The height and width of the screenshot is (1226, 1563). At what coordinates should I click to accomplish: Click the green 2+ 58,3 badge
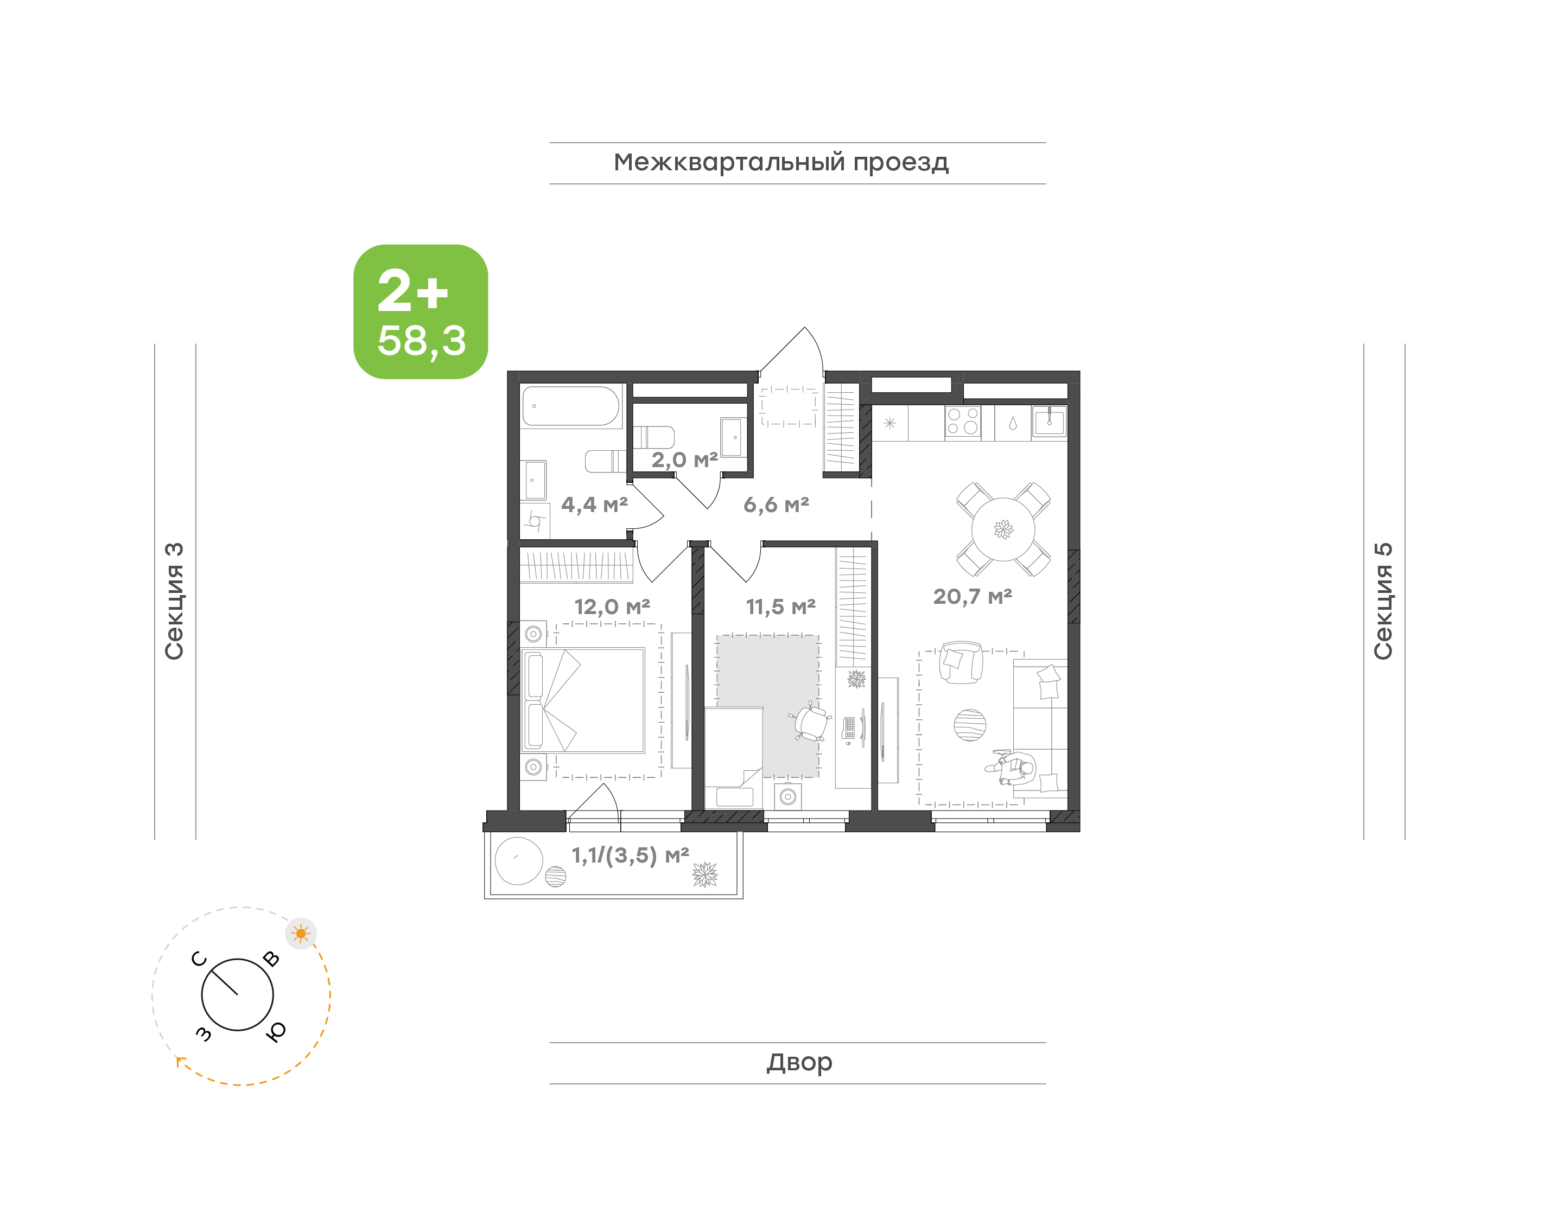[x=420, y=311]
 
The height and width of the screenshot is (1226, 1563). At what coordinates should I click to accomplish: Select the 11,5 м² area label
[x=780, y=607]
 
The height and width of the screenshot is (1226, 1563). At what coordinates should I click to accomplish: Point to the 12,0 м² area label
[x=612, y=607]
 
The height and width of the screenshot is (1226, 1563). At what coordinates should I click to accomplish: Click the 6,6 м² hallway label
[x=776, y=506]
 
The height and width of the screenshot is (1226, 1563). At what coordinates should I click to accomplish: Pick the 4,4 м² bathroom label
[x=594, y=506]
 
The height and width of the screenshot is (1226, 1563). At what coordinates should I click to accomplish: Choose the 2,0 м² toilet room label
[x=684, y=460]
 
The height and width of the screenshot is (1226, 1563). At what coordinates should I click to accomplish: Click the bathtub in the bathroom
[x=571, y=406]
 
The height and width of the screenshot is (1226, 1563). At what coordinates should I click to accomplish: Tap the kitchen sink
[x=1049, y=423]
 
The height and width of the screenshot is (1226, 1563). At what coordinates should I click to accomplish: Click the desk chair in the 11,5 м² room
[x=811, y=721]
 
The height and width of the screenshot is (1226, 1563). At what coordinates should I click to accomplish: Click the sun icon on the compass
[x=301, y=934]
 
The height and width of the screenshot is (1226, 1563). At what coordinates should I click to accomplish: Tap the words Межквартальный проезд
[x=780, y=163]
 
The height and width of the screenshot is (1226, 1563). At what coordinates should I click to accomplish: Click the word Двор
[x=799, y=1062]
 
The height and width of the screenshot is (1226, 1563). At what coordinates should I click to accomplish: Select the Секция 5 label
[x=1383, y=601]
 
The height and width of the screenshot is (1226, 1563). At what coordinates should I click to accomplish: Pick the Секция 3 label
[x=174, y=601]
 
